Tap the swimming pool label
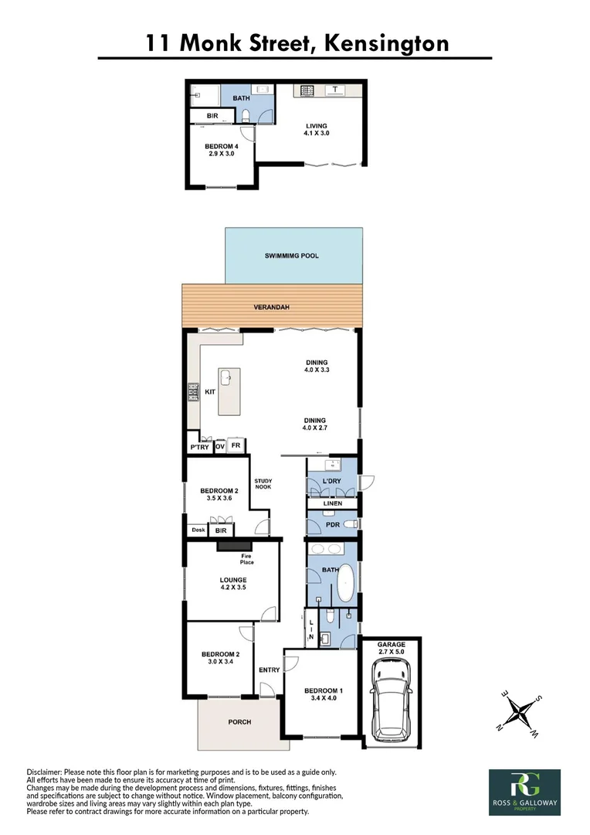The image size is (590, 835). click(292, 255)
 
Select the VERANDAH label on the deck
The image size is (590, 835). click(272, 308)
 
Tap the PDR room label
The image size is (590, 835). click(333, 525)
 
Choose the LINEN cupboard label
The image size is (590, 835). click(333, 503)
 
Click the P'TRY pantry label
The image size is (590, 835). click(199, 447)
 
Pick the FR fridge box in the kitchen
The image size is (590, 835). click(236, 446)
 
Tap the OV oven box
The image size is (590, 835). click(219, 447)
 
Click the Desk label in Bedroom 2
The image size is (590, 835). click(198, 530)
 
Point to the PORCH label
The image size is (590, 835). click(239, 722)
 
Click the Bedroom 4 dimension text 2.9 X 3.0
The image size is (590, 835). click(221, 154)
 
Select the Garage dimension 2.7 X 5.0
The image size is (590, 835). click(392, 652)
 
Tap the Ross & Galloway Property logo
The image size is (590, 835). click(524, 792)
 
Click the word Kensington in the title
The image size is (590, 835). click(386, 43)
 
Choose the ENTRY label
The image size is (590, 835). click(270, 670)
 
